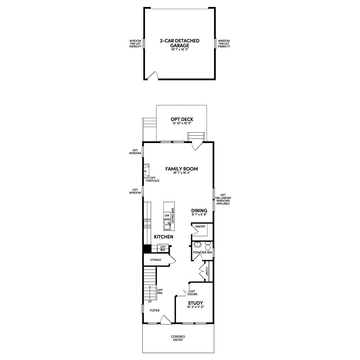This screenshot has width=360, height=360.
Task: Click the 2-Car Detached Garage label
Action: click(179, 43)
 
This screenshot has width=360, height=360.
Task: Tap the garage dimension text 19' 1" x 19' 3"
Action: click(179, 50)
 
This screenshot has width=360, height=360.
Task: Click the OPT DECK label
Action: click(182, 119)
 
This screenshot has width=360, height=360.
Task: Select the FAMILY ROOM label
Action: click(181, 169)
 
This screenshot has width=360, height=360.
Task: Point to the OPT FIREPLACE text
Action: click(152, 179)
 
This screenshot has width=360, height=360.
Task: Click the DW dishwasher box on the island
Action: click(167, 215)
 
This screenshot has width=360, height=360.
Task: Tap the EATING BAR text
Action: click(172, 216)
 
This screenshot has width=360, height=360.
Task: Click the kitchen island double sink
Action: click(167, 225)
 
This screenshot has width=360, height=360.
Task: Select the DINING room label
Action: click(199, 211)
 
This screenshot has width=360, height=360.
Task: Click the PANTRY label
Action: click(200, 226)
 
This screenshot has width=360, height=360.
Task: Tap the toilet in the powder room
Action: click(208, 246)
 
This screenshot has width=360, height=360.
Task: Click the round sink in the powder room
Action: click(197, 244)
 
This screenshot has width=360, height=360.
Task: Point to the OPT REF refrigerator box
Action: click(163, 248)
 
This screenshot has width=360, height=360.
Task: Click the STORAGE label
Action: click(156, 260)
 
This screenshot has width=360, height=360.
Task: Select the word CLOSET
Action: click(207, 271)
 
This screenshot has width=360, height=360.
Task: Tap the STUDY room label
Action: click(195, 303)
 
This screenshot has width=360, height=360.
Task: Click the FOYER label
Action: click(154, 310)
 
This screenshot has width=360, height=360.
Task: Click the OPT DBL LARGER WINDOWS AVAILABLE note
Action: click(223, 199)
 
